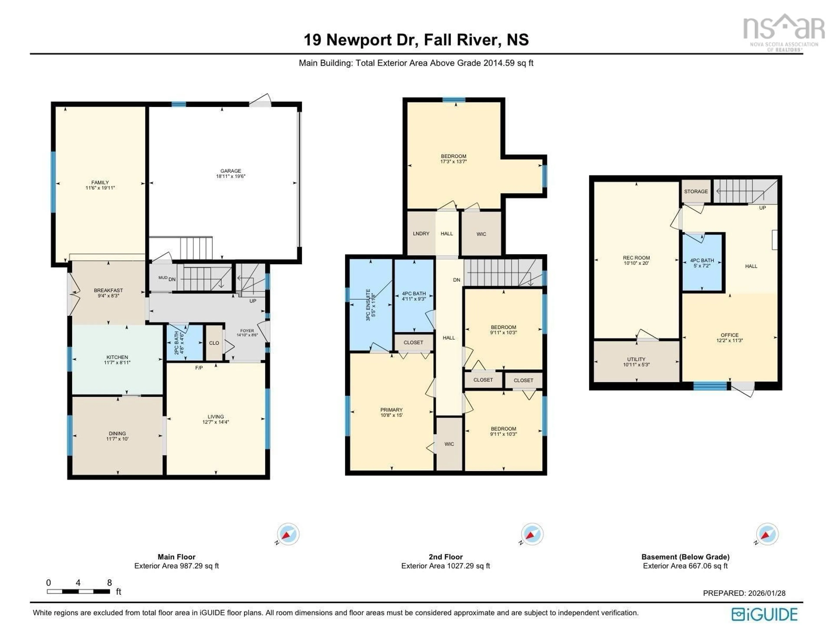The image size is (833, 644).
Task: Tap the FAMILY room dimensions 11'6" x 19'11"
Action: [x=100, y=188]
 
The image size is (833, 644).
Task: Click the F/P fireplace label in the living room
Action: [x=199, y=368]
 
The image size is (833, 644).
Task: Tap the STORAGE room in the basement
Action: [x=696, y=191]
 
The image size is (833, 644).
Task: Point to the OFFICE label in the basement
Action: [x=729, y=335]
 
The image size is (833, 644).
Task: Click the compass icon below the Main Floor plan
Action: [x=288, y=534]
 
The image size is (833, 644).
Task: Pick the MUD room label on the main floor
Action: [x=162, y=278]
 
